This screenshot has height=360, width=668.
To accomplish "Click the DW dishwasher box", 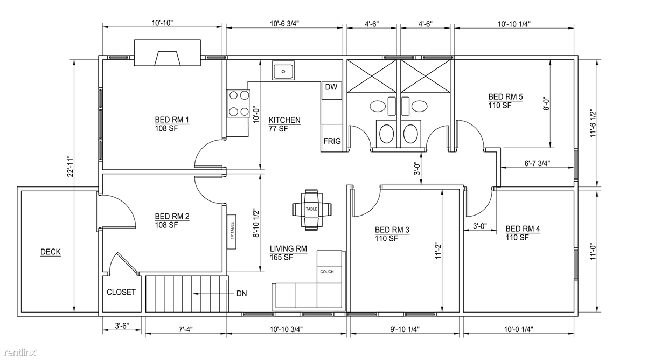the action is tap(331, 91).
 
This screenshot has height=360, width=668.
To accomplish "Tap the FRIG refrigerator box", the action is tap(331, 138).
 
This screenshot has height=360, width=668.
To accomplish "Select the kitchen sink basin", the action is tap(283, 71).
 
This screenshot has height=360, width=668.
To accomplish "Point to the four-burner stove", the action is tap(239, 103).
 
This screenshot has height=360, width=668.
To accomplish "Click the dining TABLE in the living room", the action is tap(311, 210).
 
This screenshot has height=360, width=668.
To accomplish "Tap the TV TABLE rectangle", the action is tap(232, 231).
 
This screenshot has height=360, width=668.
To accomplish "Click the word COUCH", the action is tap(327, 272).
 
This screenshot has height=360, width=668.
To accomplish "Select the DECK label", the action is tap(51, 252).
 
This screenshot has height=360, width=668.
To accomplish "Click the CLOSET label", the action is tap(121, 292).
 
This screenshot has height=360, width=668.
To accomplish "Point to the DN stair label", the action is tap(241, 294).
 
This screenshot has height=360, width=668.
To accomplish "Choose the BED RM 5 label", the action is tap(505, 96).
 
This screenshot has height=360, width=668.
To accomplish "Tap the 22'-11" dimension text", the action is tap(70, 166).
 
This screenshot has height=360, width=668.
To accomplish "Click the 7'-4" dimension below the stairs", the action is tap(185, 329).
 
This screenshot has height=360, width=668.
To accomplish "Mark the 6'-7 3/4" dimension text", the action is tap(537, 163).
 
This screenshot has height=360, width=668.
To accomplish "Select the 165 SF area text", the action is tap(281, 258).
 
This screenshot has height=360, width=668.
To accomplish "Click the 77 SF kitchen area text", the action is tap(278, 129).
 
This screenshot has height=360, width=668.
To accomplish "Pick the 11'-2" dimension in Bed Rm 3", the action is tap(438, 251).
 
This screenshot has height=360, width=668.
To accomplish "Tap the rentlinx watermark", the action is tap(20, 353).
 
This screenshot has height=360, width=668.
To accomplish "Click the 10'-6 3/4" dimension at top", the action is tap(284, 24).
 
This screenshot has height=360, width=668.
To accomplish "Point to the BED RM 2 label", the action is tap(172, 216).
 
